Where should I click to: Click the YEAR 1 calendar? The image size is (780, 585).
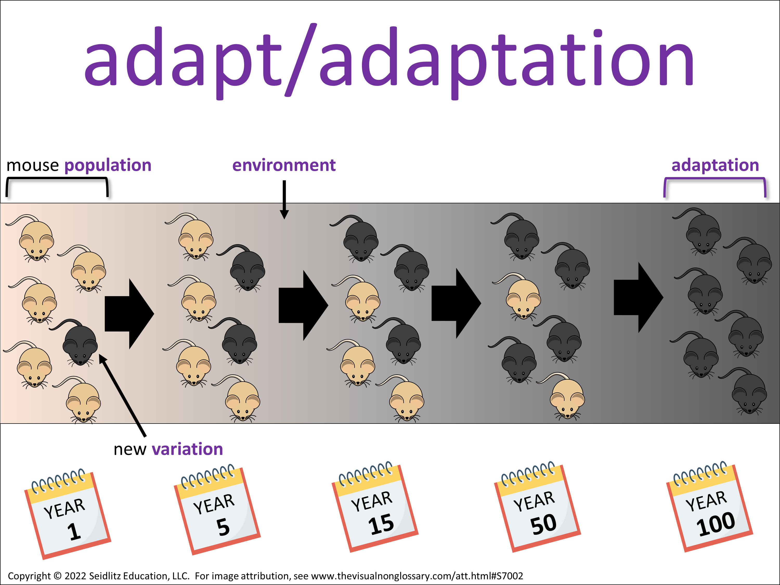tap(68, 514)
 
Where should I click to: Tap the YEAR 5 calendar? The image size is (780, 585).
tap(217, 510)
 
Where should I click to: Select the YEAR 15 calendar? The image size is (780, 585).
tap(375, 507)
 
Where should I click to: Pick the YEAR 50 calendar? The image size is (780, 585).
tap(537, 507)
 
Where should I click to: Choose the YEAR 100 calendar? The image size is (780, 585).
tap(710, 507)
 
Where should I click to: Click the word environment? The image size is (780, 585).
tap(284, 165)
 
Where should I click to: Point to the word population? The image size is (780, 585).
tap(108, 166)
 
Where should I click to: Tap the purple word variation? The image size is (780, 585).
tap(188, 449)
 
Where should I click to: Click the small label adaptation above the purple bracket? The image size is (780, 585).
tap(715, 165)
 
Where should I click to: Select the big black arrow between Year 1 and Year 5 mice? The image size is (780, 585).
tap(129, 314)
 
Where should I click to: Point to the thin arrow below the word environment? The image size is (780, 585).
tap(284, 200)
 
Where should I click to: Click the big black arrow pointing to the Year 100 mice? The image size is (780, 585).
tap(639, 297)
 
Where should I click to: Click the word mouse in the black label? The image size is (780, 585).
tap(32, 166)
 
